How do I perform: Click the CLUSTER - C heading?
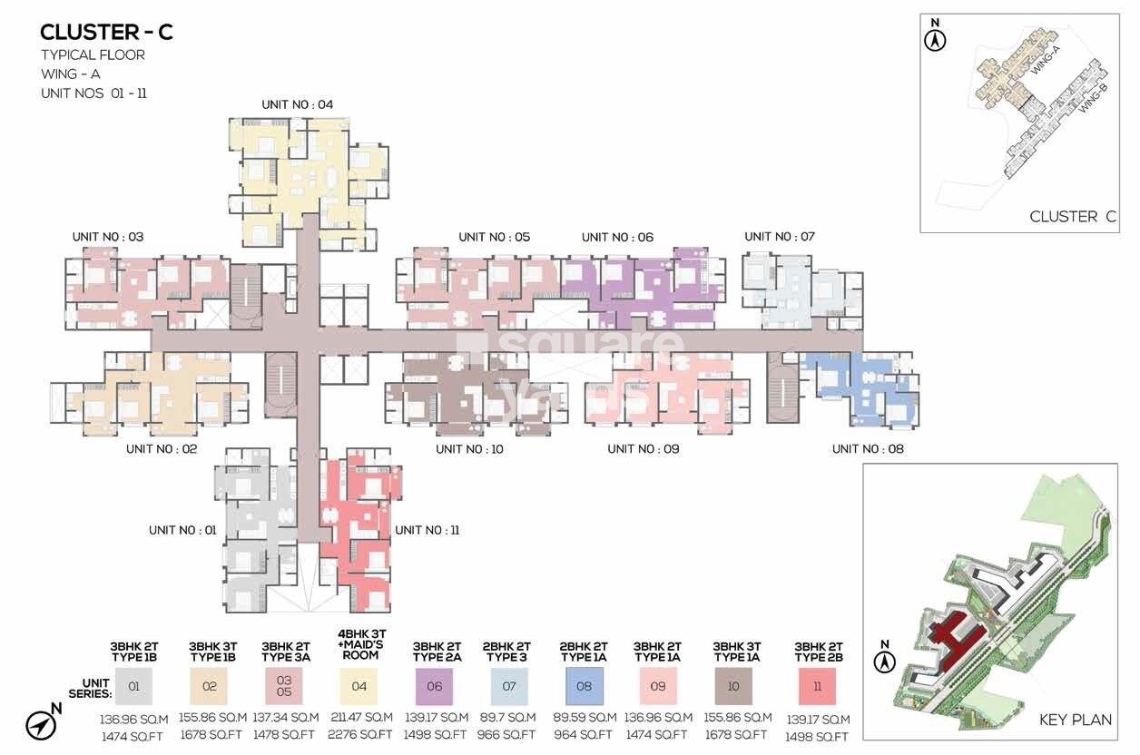[106, 33]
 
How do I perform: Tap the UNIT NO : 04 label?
[297, 104]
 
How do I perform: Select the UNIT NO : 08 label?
[868, 448]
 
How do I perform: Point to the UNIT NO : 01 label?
[182, 530]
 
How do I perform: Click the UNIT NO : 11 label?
[427, 530]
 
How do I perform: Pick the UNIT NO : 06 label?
[617, 237]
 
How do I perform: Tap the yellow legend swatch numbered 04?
[359, 686]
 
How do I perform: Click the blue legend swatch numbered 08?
[584, 686]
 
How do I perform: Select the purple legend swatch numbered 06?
[435, 686]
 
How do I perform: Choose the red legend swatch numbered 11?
[818, 686]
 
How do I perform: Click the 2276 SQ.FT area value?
[359, 735]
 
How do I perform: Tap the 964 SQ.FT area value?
[583, 735]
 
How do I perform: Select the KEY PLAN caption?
[1076, 720]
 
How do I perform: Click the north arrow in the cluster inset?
[936, 38]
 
